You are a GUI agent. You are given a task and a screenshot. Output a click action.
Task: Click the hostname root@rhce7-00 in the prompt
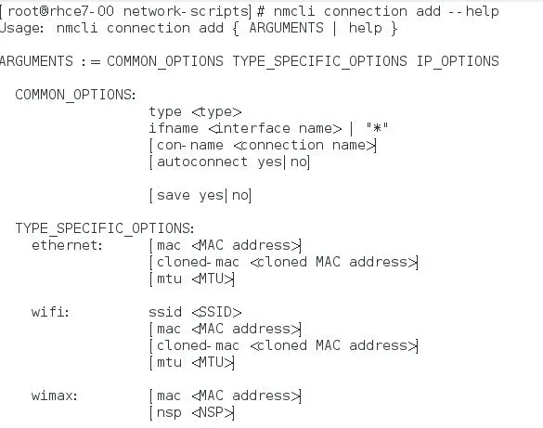click(60, 11)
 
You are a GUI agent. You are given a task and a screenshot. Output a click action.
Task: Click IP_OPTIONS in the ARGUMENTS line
click(458, 61)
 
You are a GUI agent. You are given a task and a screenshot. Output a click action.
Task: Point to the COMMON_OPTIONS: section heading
click(75, 95)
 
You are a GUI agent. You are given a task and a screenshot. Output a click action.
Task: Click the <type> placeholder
click(216, 111)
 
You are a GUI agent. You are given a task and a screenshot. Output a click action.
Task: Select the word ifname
click(174, 128)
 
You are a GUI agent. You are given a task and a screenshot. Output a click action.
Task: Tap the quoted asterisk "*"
click(377, 127)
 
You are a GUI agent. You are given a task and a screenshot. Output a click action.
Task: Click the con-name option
click(189, 145)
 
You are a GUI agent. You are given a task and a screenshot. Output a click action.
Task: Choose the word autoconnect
click(202, 162)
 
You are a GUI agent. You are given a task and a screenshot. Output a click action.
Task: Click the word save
click(174, 195)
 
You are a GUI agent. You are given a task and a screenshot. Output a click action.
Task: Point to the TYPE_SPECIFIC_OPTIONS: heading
click(105, 228)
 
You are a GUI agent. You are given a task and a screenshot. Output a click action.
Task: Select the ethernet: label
click(67, 245)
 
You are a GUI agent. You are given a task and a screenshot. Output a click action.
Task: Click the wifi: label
click(50, 312)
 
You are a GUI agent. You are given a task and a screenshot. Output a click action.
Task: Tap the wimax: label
click(55, 396)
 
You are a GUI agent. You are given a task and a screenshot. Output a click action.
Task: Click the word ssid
click(165, 312)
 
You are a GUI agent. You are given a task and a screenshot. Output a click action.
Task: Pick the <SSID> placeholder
click(216, 312)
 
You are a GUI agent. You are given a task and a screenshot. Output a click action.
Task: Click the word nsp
click(169, 412)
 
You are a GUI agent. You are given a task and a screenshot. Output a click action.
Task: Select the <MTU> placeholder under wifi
click(213, 362)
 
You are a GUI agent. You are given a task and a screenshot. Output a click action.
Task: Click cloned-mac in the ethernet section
click(198, 262)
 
